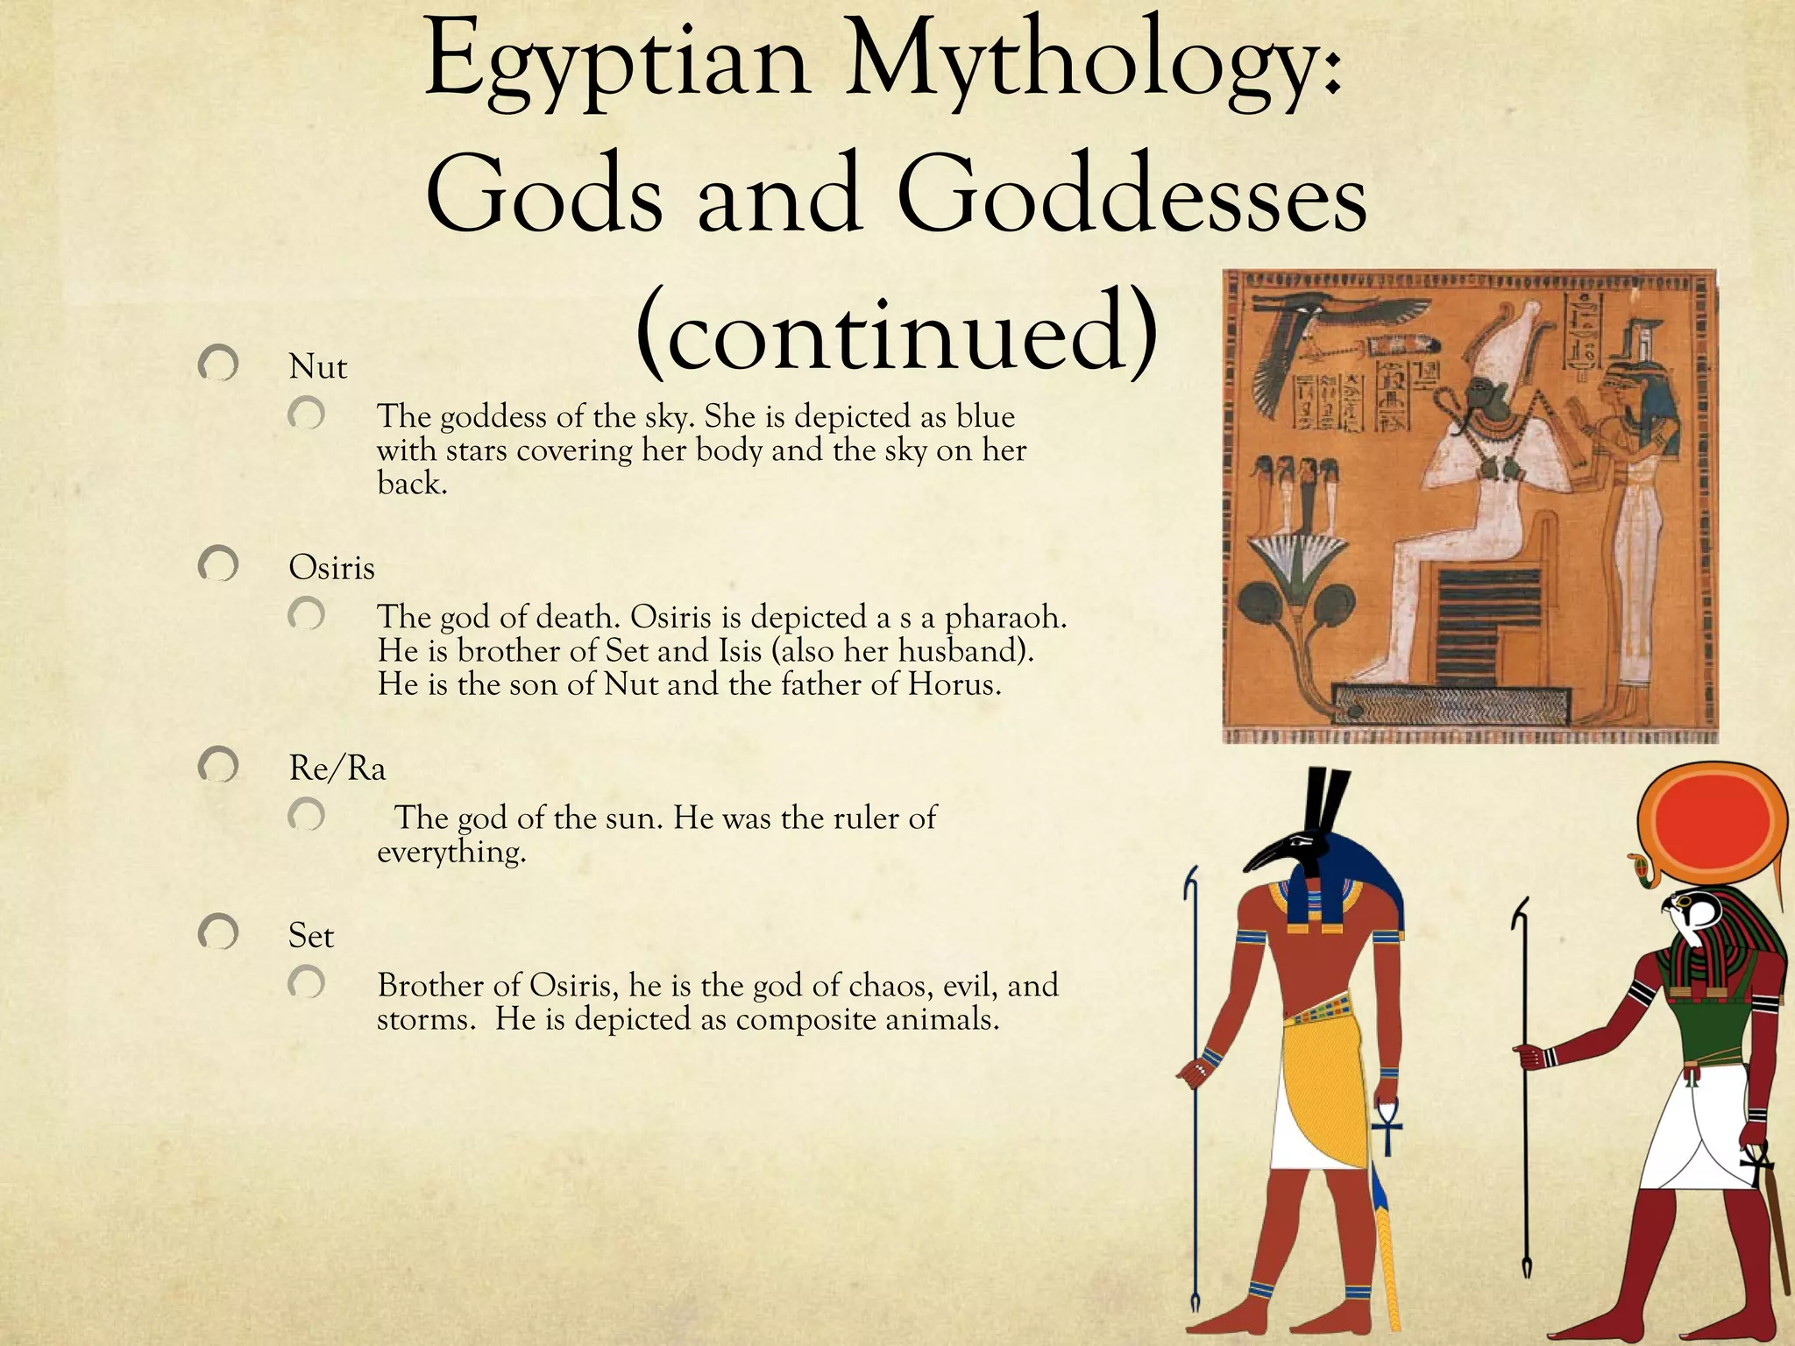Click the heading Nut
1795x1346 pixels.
click(317, 366)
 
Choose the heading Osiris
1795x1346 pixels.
click(331, 568)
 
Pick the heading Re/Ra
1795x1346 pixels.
click(337, 769)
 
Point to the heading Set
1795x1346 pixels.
click(311, 936)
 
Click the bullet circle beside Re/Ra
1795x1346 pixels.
click(218, 766)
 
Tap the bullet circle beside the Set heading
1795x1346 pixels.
click(218, 932)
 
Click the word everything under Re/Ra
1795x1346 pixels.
click(451, 852)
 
